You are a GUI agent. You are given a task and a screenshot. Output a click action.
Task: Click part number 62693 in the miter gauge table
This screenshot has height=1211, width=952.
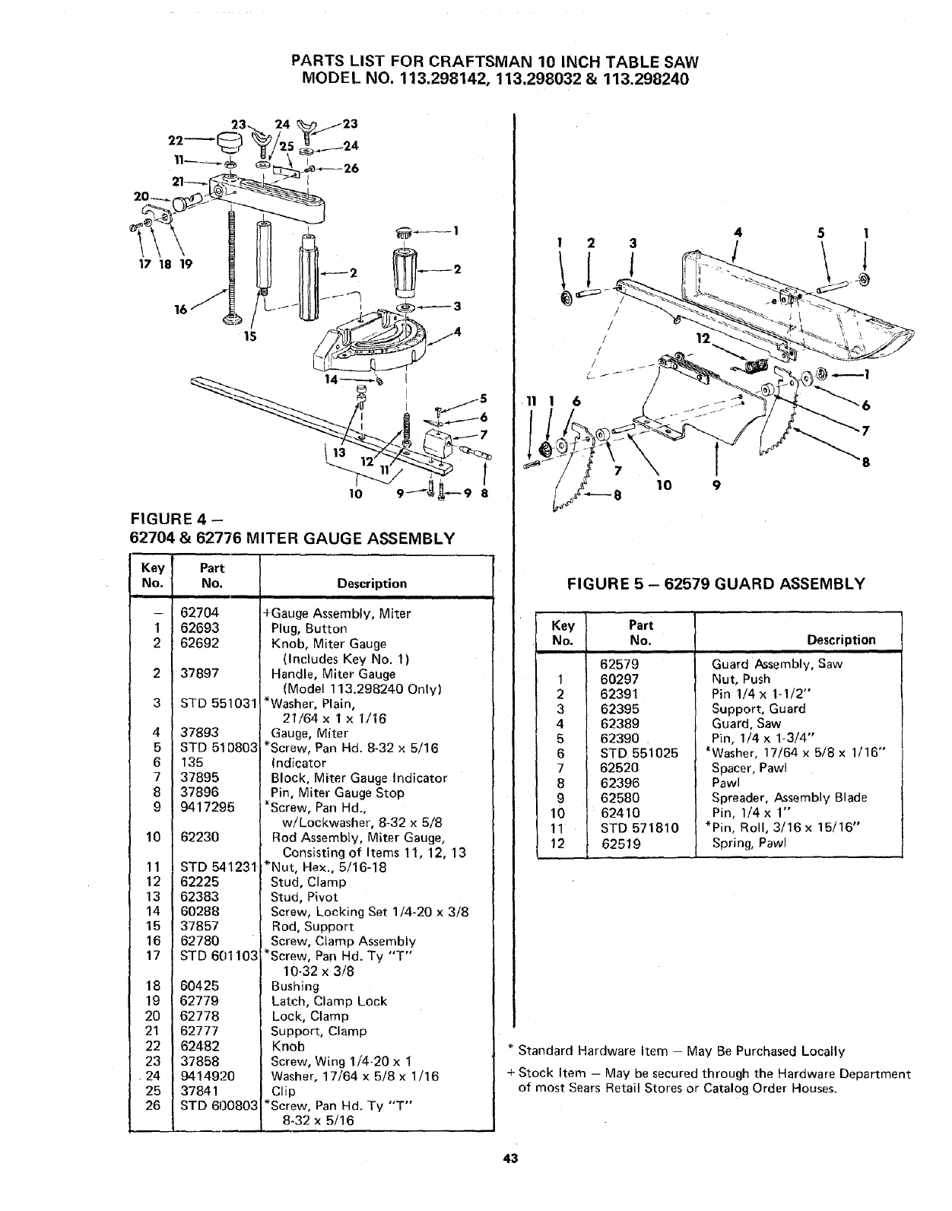point(200,628)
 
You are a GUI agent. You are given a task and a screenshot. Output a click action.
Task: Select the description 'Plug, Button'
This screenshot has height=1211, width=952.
point(309,628)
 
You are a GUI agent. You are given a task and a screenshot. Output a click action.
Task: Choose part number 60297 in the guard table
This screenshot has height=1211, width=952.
point(620,679)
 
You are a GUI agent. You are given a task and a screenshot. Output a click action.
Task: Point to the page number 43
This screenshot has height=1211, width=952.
point(509,1180)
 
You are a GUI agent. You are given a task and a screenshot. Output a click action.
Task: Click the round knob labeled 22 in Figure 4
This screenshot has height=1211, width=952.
point(227,141)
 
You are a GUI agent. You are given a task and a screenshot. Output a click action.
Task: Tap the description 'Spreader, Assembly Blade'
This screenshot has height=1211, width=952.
point(789,798)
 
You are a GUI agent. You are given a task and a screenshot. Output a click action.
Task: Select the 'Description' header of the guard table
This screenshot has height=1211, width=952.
point(841,640)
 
